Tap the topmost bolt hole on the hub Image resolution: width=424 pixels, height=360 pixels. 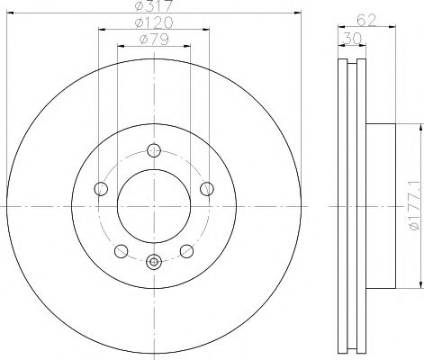click(153, 150)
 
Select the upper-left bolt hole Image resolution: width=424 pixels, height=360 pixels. click(101, 189)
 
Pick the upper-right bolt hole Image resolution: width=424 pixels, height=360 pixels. click(206, 189)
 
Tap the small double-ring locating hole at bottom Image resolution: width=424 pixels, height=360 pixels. click(153, 262)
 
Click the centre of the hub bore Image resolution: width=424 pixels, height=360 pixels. click(153, 206)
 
